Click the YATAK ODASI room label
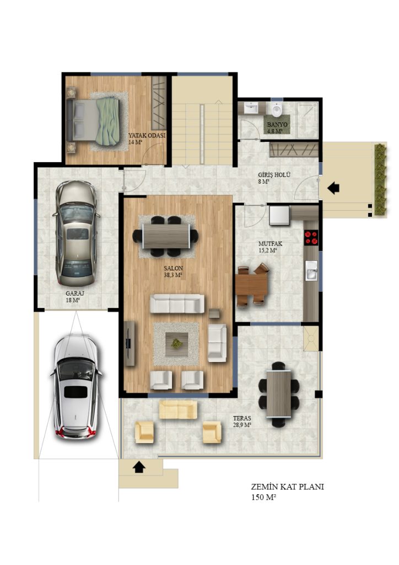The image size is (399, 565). (147, 136)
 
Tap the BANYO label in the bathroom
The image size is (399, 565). (277, 125)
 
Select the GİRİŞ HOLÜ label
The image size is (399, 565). (274, 175)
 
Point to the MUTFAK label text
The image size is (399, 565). (270, 243)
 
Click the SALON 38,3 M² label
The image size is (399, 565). (174, 271)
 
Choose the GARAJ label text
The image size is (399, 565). (75, 294)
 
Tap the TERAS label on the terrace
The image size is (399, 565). (242, 418)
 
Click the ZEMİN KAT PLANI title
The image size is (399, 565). (288, 487)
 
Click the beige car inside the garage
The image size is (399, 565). (76, 234)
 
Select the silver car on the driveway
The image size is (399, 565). (76, 387)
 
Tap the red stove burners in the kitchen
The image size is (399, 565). (311, 237)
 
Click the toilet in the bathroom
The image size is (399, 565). (277, 110)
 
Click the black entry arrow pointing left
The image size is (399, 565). (333, 188)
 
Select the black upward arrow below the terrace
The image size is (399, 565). (139, 467)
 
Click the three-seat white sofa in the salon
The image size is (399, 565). (177, 303)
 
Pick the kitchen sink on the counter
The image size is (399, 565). (311, 270)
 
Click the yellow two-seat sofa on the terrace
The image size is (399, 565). (178, 409)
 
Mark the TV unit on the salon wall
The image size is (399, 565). (130, 343)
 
